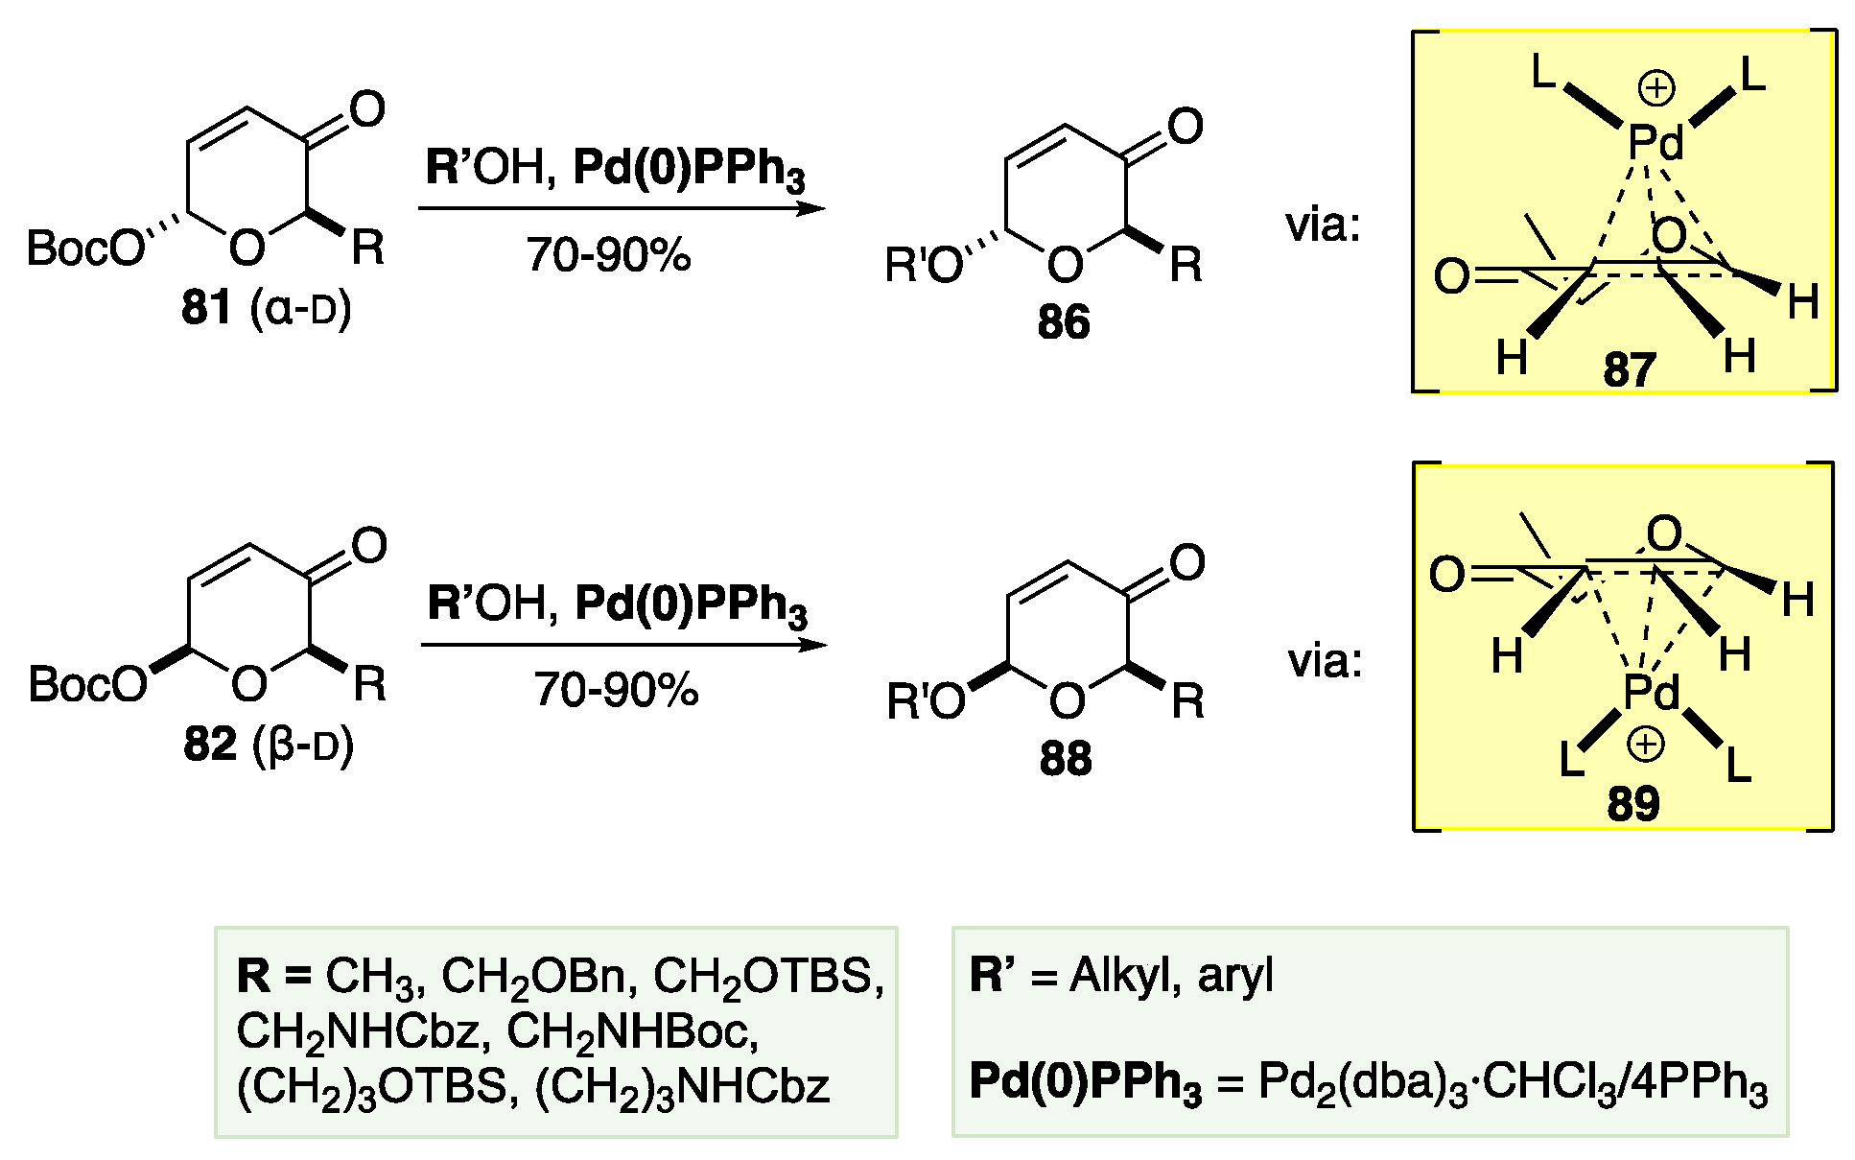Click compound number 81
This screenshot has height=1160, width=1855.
pos(207,310)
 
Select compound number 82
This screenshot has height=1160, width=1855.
pos(209,746)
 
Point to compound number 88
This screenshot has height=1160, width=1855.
pos(1066,759)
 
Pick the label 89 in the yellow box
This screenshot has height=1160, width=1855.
pos(1632,804)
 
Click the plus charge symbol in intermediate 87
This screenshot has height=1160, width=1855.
pos(1655,90)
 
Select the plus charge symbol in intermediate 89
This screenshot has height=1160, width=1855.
pos(1646,745)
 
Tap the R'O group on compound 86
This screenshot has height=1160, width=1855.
pos(924,266)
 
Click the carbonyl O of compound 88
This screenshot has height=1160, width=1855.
pos(1187,563)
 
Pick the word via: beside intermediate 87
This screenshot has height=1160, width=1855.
pos(1324,226)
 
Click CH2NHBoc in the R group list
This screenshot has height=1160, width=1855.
pos(633,1031)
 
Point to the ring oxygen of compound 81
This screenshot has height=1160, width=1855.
pos(247,249)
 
